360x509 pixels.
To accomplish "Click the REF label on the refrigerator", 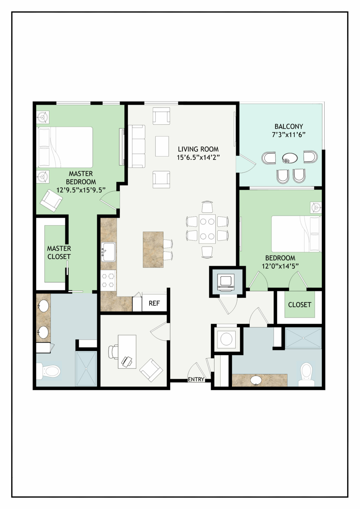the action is tap(154, 303).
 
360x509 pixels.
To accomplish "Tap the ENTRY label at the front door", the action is tap(196, 379).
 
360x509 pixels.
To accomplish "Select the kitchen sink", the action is tap(108, 252).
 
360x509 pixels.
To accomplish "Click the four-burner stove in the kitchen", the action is tap(108, 280).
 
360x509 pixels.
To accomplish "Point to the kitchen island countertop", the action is tap(153, 250).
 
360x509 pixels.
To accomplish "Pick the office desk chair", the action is tap(113, 352).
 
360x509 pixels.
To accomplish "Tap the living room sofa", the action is tap(137, 146).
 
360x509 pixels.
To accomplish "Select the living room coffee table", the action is tap(162, 146).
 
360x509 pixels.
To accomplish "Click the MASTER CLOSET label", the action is tap(59, 252).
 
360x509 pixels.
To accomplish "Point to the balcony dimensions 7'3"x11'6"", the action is tap(288, 135).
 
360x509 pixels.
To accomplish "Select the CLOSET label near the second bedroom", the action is tap(300, 305).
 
